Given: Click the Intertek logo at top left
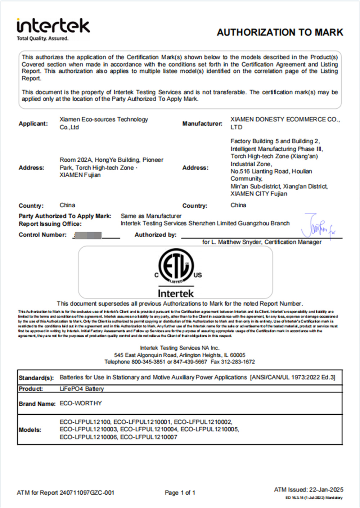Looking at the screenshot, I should point(53,26).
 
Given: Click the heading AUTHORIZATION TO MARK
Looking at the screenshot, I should point(280,32).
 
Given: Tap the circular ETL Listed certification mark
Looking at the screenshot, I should point(176,266).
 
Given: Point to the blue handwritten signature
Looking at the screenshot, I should point(318,226).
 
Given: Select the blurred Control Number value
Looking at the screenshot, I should point(87,235).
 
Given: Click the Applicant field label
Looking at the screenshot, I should point(33,123).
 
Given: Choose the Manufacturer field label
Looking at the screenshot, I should point(202,123).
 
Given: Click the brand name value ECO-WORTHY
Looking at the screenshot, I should point(81,403).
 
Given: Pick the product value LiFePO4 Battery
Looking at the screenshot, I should point(82,389).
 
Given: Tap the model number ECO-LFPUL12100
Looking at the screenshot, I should point(85,422).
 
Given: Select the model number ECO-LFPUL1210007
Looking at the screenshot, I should point(149,437).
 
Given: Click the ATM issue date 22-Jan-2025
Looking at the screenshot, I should point(326,490).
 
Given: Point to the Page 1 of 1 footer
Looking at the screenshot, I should point(180,493).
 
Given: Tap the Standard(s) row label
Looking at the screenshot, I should point(36,378).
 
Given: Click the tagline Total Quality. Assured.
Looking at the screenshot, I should point(42,39).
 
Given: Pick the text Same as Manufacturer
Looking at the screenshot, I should point(151,216).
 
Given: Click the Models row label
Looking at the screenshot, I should point(30,430).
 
